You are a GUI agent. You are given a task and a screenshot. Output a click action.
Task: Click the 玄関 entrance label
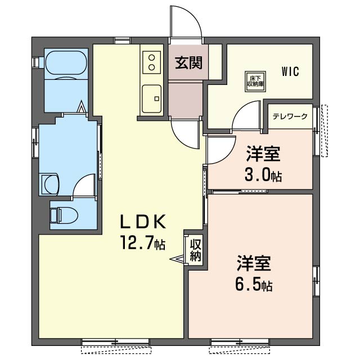pyautogui.click(x=188, y=62)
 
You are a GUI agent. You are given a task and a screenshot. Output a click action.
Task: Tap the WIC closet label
pyautogui.click(x=290, y=71)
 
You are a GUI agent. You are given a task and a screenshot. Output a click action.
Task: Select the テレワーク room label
pyautogui.click(x=290, y=116)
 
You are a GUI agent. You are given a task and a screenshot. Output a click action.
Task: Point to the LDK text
pyautogui.click(x=143, y=222)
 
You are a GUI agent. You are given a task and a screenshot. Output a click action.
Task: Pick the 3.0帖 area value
pyautogui.click(x=263, y=175)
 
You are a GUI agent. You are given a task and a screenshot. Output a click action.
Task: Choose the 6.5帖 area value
pyautogui.click(x=254, y=285)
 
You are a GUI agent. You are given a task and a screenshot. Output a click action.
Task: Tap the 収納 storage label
pyautogui.click(x=196, y=250)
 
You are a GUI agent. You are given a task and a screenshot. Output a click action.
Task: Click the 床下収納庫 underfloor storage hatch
pyautogui.click(x=255, y=82)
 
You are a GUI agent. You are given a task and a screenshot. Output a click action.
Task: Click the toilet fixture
pyautogui.click(x=64, y=215)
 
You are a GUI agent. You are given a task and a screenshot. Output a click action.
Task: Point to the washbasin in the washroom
pyautogui.click(x=50, y=184)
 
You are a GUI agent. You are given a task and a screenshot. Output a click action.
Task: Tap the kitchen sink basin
pyautogui.click(x=151, y=99)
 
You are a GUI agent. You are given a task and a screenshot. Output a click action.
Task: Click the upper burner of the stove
pyautogui.click(x=151, y=57)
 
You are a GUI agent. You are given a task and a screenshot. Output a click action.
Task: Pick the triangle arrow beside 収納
pyautogui.click(x=177, y=259)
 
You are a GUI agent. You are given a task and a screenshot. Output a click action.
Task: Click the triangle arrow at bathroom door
pyautogui.click(x=80, y=107)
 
